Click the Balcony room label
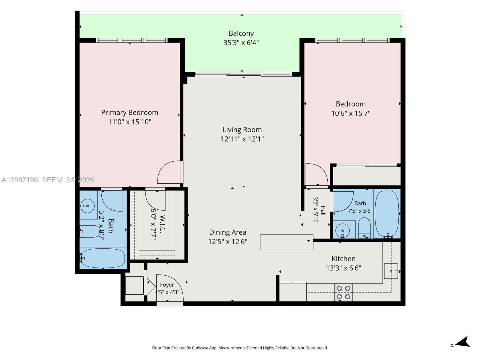tap(241, 33)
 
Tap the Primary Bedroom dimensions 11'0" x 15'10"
tap(130, 122)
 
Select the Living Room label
tap(242, 130)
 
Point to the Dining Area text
tap(228, 232)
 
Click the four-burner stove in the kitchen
tap(343, 292)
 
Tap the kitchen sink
tap(391, 271)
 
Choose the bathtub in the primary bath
tap(103, 258)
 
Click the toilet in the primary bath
tap(90, 231)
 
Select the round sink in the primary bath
tap(88, 206)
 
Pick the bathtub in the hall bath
tap(387, 214)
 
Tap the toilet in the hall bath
tap(364, 228)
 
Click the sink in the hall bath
tap(343, 231)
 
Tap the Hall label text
tap(323, 211)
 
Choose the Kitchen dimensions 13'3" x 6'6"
tap(343, 268)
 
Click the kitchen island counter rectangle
tap(286, 242)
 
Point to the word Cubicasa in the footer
tap(200, 348)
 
